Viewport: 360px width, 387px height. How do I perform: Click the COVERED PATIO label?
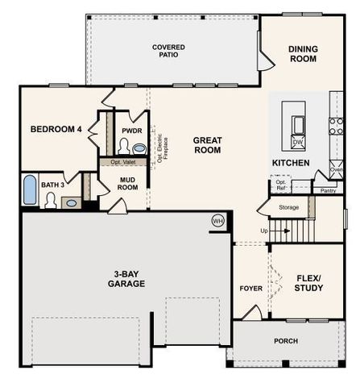169,52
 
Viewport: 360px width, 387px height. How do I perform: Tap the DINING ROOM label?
304,54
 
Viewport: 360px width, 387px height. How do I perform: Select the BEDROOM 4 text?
56,129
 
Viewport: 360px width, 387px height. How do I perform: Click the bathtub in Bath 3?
29,191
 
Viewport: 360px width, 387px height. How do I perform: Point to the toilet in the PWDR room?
124,146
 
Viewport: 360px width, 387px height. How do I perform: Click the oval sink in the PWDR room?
139,148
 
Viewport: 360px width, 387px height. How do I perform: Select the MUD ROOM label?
129,184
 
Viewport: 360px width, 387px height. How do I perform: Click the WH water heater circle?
217,220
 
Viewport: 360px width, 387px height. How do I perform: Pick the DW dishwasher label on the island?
297,142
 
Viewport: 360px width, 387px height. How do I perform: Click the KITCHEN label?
290,163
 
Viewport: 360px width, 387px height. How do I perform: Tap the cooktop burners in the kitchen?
336,126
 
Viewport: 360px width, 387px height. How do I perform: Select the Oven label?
337,170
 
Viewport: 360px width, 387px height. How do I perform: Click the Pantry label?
327,191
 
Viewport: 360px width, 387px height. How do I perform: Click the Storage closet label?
288,207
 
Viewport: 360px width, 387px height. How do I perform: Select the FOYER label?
251,288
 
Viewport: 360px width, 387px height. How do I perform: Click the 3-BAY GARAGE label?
127,279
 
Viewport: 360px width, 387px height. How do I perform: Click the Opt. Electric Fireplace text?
161,148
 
